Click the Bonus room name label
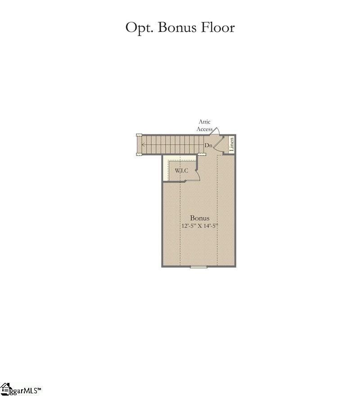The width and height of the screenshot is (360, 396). [200, 218]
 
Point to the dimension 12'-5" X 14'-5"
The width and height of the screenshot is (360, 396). [200, 226]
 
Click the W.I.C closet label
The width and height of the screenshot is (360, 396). [181, 171]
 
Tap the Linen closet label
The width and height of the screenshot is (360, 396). [231, 144]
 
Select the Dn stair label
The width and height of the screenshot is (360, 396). [208, 146]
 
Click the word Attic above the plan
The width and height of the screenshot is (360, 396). [205, 122]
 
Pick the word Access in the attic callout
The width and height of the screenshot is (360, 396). [204, 129]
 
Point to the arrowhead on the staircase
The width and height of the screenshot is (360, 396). [143, 145]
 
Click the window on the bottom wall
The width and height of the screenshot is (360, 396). [198, 267]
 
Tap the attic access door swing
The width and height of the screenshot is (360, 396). [216, 130]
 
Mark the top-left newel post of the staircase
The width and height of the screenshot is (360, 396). [139, 135]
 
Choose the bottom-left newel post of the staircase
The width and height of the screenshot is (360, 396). [139, 154]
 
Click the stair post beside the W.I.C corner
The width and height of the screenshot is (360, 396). [198, 155]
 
